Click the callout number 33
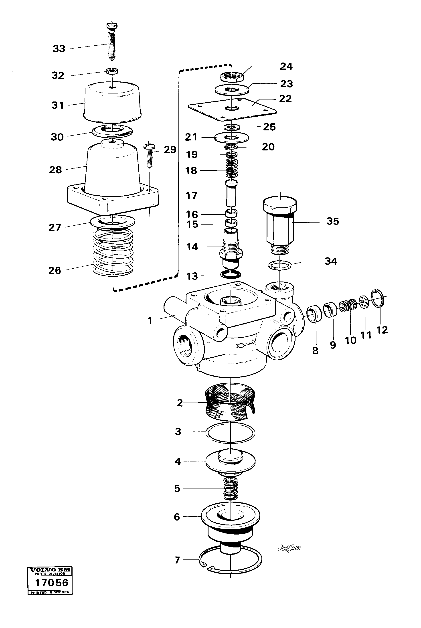click(59, 49)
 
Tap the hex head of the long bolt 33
click(112, 26)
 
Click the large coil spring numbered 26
click(113, 254)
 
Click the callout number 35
click(333, 221)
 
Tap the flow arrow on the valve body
click(245, 344)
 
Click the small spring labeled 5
click(230, 489)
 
